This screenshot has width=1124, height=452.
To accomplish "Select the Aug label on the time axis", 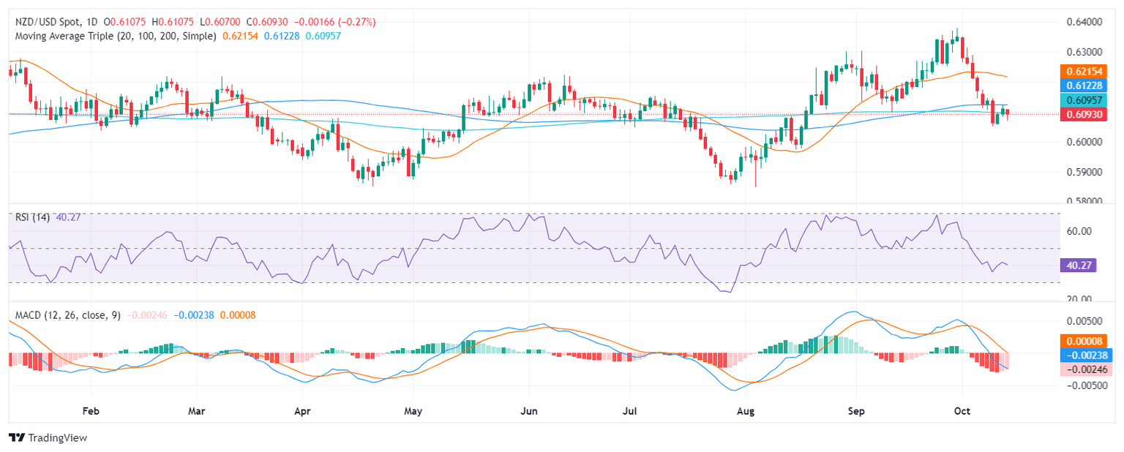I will [x=746, y=412].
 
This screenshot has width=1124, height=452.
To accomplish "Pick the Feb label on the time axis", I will [x=91, y=412].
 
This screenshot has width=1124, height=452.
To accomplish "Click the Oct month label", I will [x=962, y=412].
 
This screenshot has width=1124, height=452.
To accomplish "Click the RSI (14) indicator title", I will [x=33, y=217].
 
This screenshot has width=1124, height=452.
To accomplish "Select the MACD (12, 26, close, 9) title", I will [x=68, y=315].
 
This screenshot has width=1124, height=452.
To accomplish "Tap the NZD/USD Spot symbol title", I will [x=50, y=22].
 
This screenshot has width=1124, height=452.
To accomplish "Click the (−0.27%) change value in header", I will [x=355, y=22].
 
